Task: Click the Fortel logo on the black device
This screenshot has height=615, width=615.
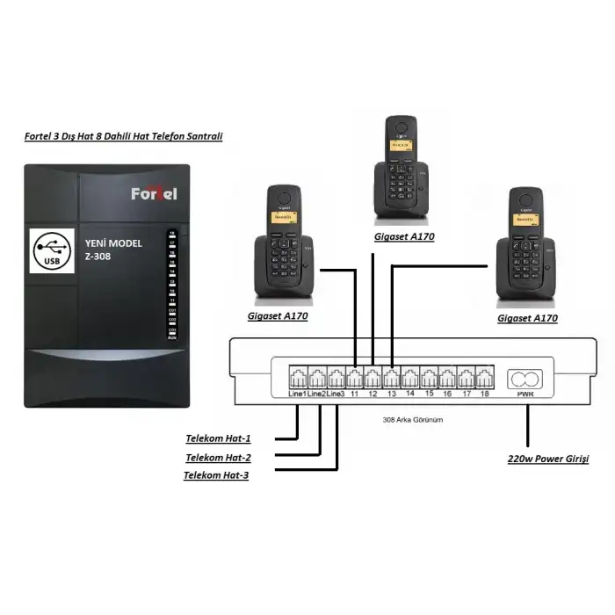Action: (x=154, y=192)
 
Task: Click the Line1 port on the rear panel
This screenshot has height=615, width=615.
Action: (x=298, y=379)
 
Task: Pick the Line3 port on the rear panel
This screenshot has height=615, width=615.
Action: (x=336, y=379)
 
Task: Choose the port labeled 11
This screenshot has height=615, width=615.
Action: (x=355, y=379)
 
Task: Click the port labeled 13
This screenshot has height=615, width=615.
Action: (x=392, y=379)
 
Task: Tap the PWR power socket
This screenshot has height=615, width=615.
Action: (x=526, y=380)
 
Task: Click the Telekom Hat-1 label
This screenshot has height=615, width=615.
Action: (x=218, y=438)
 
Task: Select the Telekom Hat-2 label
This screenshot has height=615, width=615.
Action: (x=218, y=458)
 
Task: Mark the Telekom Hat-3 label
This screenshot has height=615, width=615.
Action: (x=216, y=475)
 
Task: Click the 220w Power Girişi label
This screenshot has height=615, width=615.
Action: (x=548, y=459)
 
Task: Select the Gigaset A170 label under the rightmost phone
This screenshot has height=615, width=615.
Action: (x=527, y=318)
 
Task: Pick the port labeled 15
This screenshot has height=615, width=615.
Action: (x=429, y=379)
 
